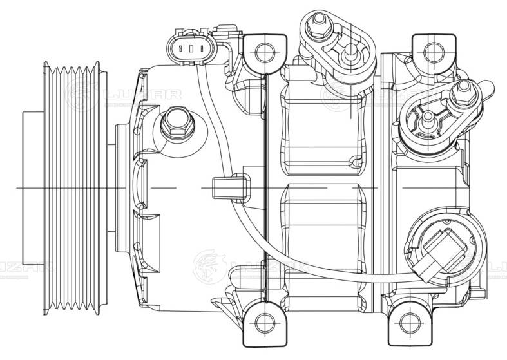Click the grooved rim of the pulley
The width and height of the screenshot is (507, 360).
(71, 187)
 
